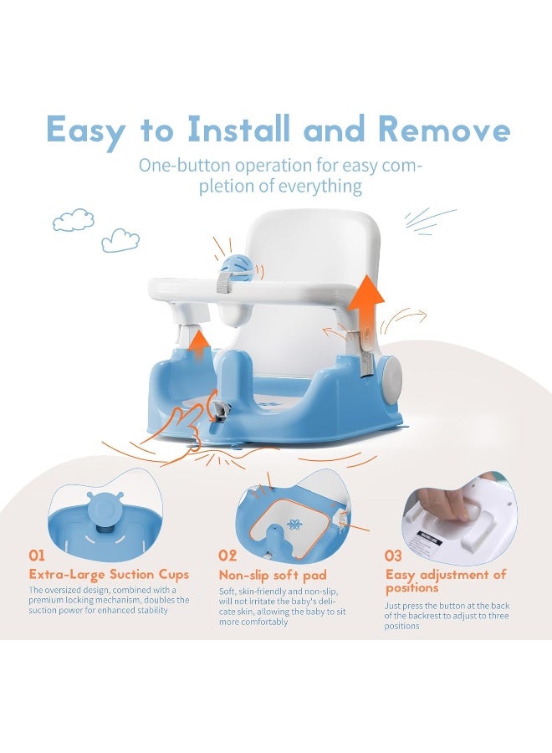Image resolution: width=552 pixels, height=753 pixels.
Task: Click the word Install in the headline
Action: click(x=239, y=129)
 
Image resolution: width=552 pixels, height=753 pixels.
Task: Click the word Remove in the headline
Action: click(x=443, y=129)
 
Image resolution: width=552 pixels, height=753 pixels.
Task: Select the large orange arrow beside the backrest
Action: click(x=365, y=304)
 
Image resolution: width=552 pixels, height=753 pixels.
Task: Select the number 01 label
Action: click(x=37, y=556)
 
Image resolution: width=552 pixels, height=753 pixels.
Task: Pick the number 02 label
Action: click(x=227, y=556)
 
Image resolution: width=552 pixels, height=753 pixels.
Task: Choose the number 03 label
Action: click(x=393, y=556)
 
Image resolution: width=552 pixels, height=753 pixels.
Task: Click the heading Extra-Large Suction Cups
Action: click(x=109, y=575)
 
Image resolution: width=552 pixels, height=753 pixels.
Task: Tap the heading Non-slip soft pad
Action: click(x=273, y=576)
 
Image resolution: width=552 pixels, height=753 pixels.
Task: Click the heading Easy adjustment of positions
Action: click(x=446, y=581)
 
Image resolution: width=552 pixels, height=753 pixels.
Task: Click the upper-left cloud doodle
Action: click(x=74, y=219)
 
